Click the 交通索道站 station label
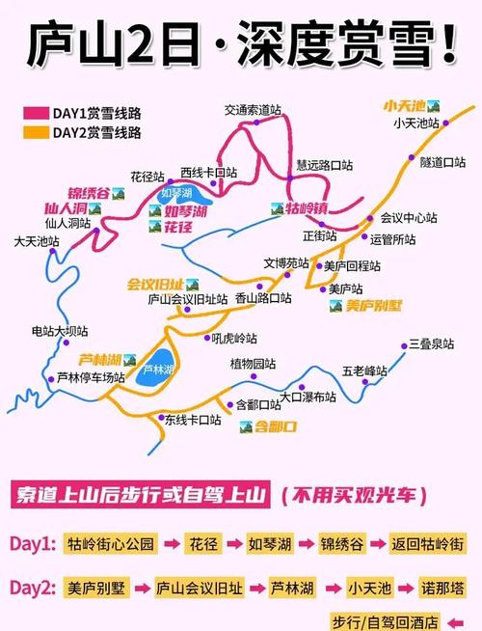click(256, 110)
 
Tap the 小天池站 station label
click(416, 123)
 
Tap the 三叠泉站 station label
click(430, 344)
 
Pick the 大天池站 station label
click(37, 241)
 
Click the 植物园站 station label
click(253, 364)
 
